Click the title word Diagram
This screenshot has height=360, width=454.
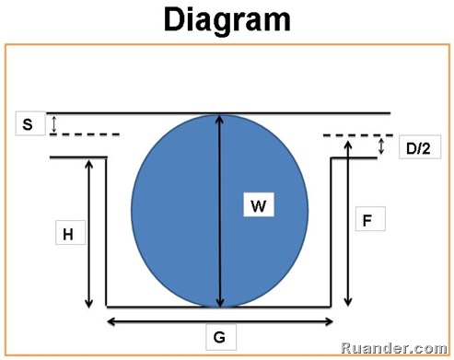click(x=226, y=20)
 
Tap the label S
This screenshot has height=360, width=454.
click(x=28, y=122)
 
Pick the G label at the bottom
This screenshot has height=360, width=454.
click(x=222, y=337)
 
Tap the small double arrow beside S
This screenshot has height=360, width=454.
click(x=53, y=123)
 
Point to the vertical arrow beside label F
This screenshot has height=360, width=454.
click(x=348, y=230)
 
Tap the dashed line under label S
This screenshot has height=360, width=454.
click(x=84, y=134)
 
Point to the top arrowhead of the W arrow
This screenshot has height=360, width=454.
click(x=219, y=119)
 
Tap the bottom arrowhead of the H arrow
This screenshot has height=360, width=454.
click(x=89, y=304)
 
